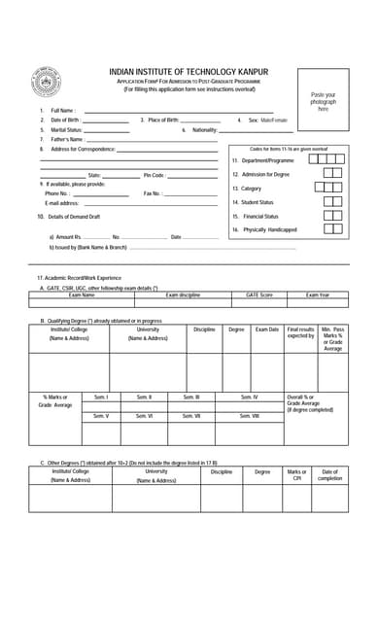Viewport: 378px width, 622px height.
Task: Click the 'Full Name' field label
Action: (63, 111)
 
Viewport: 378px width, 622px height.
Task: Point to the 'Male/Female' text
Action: (274, 121)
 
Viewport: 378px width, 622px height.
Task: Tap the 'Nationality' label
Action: (204, 129)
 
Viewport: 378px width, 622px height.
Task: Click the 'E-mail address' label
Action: (61, 203)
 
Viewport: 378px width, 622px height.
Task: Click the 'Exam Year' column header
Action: (318, 294)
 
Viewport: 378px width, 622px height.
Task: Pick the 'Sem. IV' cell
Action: (249, 397)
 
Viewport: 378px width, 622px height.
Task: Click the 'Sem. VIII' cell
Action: (249, 416)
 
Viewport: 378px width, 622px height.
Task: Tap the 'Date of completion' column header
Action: (329, 475)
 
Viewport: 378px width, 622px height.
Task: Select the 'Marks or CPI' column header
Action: (296, 475)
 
